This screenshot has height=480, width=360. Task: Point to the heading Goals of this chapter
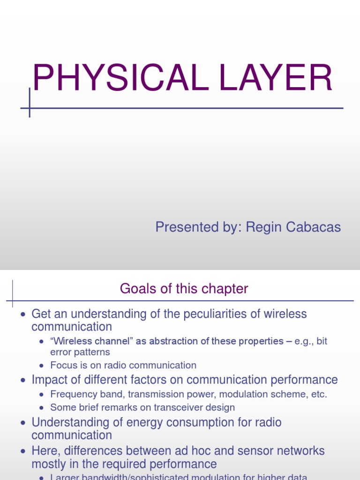[x=184, y=289]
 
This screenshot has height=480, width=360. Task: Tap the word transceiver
[x=180, y=407]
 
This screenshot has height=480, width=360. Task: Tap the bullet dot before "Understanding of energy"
[x=22, y=423]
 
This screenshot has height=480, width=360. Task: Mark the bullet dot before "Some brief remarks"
[x=41, y=408]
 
